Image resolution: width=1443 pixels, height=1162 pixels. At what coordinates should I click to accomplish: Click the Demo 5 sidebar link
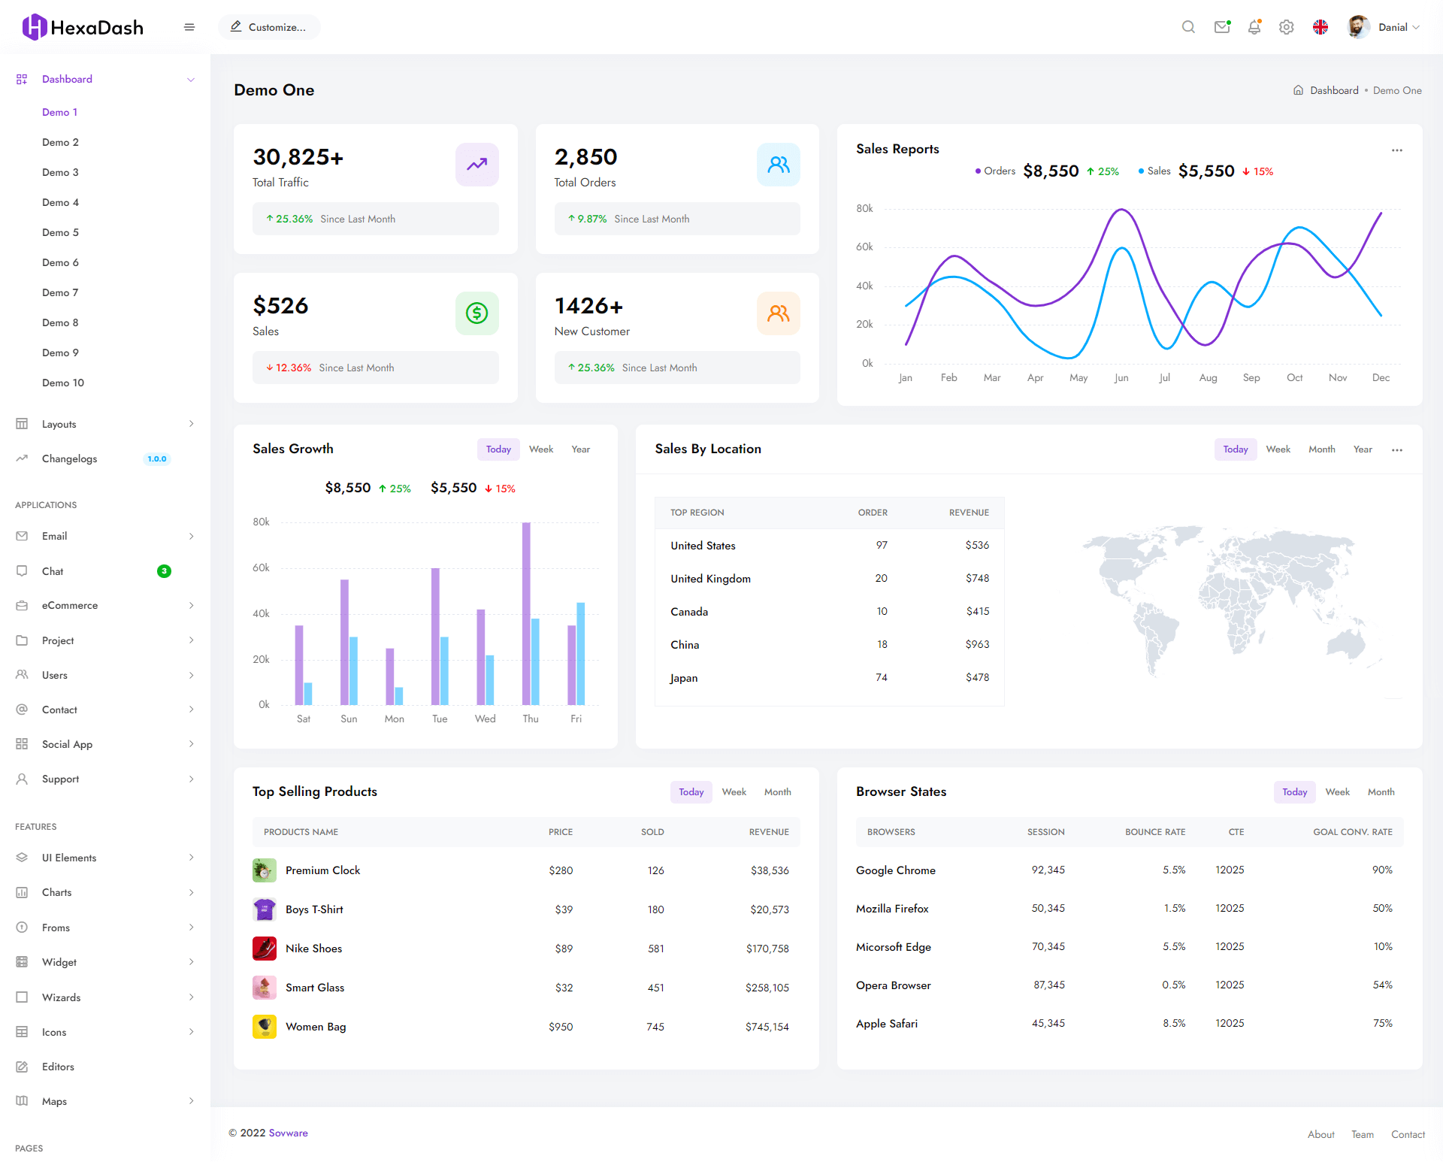click(x=60, y=232)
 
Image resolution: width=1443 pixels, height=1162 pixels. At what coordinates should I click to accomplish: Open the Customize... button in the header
click(x=269, y=27)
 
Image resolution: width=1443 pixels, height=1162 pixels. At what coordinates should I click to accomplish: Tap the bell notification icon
click(x=1254, y=27)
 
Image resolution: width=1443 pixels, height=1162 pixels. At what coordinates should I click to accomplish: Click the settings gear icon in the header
click(x=1287, y=27)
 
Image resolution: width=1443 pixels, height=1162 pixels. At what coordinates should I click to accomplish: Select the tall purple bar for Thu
click(x=526, y=613)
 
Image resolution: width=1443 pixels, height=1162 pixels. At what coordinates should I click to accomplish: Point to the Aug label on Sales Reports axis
click(x=1208, y=377)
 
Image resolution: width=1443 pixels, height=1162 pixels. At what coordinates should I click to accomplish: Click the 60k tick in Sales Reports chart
click(x=864, y=247)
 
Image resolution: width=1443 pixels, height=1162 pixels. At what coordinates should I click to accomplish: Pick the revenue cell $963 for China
click(x=977, y=644)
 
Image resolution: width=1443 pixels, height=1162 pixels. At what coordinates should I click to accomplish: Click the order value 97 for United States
click(x=882, y=545)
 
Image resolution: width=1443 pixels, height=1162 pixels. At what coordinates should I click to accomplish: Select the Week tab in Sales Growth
click(x=540, y=449)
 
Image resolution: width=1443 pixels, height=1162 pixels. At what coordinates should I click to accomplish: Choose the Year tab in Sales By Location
click(x=1362, y=449)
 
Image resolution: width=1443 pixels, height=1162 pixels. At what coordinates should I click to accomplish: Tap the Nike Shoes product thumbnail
click(x=265, y=948)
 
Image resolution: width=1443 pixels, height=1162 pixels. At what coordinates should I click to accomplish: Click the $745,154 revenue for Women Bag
click(x=767, y=1027)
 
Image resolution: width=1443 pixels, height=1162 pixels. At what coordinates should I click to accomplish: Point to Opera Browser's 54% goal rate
click(x=1382, y=985)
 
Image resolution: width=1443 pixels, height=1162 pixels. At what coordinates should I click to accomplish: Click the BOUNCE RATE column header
click(x=1154, y=832)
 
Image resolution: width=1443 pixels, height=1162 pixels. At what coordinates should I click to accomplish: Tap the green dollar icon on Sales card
click(x=476, y=313)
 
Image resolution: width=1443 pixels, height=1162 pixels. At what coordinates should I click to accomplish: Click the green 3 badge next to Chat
click(x=164, y=571)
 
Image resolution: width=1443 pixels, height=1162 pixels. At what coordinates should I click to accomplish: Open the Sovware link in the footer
click(x=288, y=1133)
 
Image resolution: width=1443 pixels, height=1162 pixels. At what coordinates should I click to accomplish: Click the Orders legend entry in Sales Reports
click(x=995, y=171)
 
